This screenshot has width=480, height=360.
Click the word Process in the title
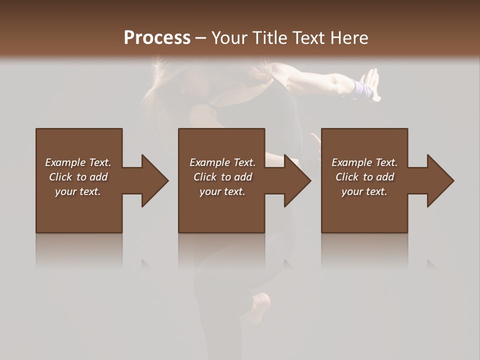157,38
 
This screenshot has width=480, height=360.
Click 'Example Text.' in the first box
78,162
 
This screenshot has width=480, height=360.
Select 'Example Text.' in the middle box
222,162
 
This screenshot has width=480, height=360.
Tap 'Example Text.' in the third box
364,162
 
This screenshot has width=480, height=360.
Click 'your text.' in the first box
78,191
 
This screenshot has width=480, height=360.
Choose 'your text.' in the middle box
222,191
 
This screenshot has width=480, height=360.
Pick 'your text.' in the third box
364,191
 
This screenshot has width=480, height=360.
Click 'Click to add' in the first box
78,177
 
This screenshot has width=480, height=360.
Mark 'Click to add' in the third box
364,177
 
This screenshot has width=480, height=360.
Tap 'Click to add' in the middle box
222,177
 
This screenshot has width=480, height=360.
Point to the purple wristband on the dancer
362,90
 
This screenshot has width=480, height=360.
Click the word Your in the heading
229,38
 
